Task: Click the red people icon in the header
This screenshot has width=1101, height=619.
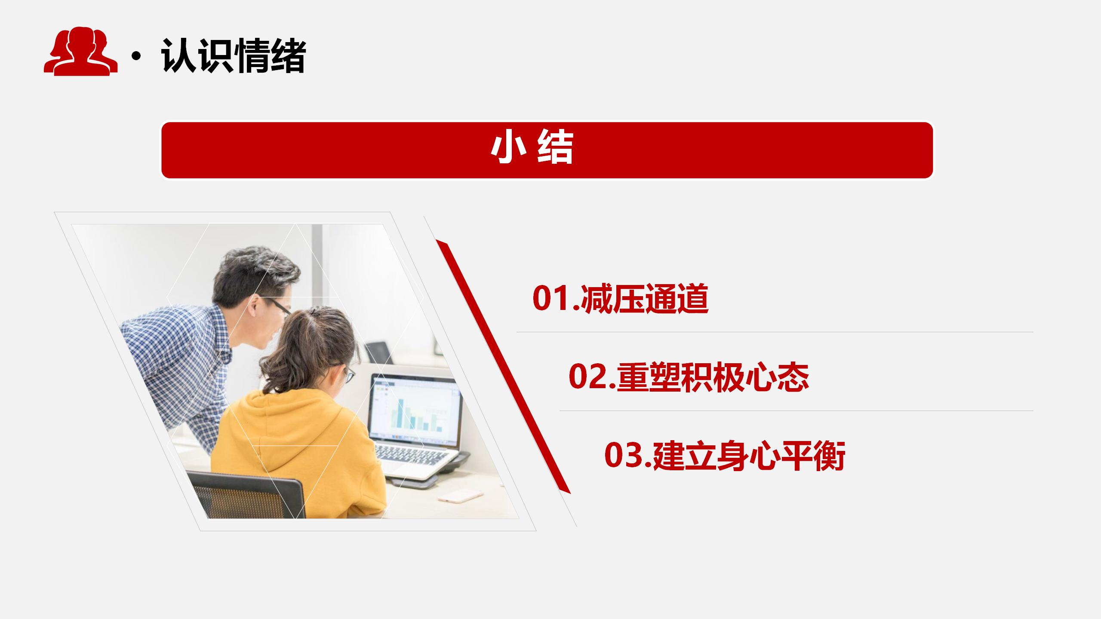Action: (x=80, y=52)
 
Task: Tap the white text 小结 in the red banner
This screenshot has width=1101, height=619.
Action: (x=532, y=149)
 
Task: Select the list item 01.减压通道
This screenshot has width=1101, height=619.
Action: (x=620, y=298)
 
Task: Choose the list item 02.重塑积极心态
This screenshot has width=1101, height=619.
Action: (x=688, y=377)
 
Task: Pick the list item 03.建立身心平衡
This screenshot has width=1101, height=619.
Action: (x=725, y=455)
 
